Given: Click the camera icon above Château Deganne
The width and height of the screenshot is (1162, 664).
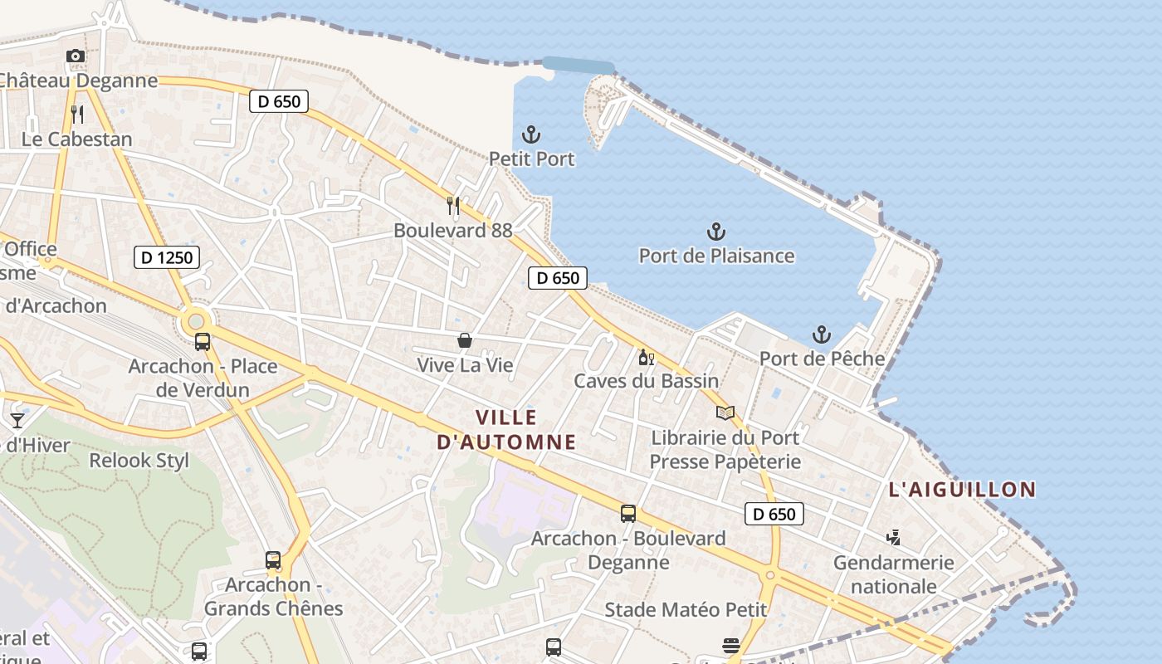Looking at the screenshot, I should [76, 56].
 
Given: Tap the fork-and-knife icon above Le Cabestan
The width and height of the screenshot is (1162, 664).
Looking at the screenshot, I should [77, 114].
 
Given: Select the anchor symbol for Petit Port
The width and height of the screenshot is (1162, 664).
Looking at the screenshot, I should [530, 134].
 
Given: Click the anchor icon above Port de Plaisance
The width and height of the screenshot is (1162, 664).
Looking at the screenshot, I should [715, 231].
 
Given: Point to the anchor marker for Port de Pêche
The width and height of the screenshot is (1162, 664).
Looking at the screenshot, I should [821, 334].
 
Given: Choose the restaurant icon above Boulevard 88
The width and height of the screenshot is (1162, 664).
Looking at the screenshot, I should [453, 205].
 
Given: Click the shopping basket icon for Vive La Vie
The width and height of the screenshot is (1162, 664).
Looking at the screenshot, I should [465, 340].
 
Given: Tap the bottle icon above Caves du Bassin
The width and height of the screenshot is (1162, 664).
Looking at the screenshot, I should [646, 358].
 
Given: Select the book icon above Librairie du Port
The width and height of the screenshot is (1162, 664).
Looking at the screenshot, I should [725, 413].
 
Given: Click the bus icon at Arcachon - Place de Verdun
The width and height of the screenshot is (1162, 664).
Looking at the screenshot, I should [202, 341].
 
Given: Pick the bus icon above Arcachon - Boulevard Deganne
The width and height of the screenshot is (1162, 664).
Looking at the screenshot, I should [628, 514].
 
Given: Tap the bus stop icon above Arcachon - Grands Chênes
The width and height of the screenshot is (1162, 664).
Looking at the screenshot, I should [273, 560].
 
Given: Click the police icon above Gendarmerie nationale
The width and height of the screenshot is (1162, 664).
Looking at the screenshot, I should [893, 538].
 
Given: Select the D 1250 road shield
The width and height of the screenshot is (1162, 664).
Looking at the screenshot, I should [167, 257].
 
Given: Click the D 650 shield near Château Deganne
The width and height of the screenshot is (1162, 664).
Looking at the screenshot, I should [279, 101].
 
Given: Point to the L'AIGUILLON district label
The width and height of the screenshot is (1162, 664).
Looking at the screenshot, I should [962, 490].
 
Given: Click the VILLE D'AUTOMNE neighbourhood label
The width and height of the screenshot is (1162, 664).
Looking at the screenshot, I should [506, 429].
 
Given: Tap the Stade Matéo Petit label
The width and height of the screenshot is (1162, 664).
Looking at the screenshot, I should [686, 610].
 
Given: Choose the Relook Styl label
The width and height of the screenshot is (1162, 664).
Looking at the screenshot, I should [139, 461].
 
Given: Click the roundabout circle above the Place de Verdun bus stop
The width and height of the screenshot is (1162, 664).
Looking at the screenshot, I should [196, 320].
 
